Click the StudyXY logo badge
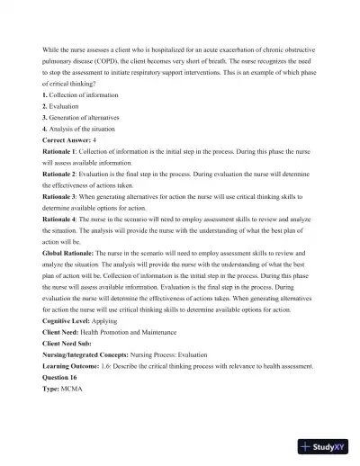click(x=326, y=445)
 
